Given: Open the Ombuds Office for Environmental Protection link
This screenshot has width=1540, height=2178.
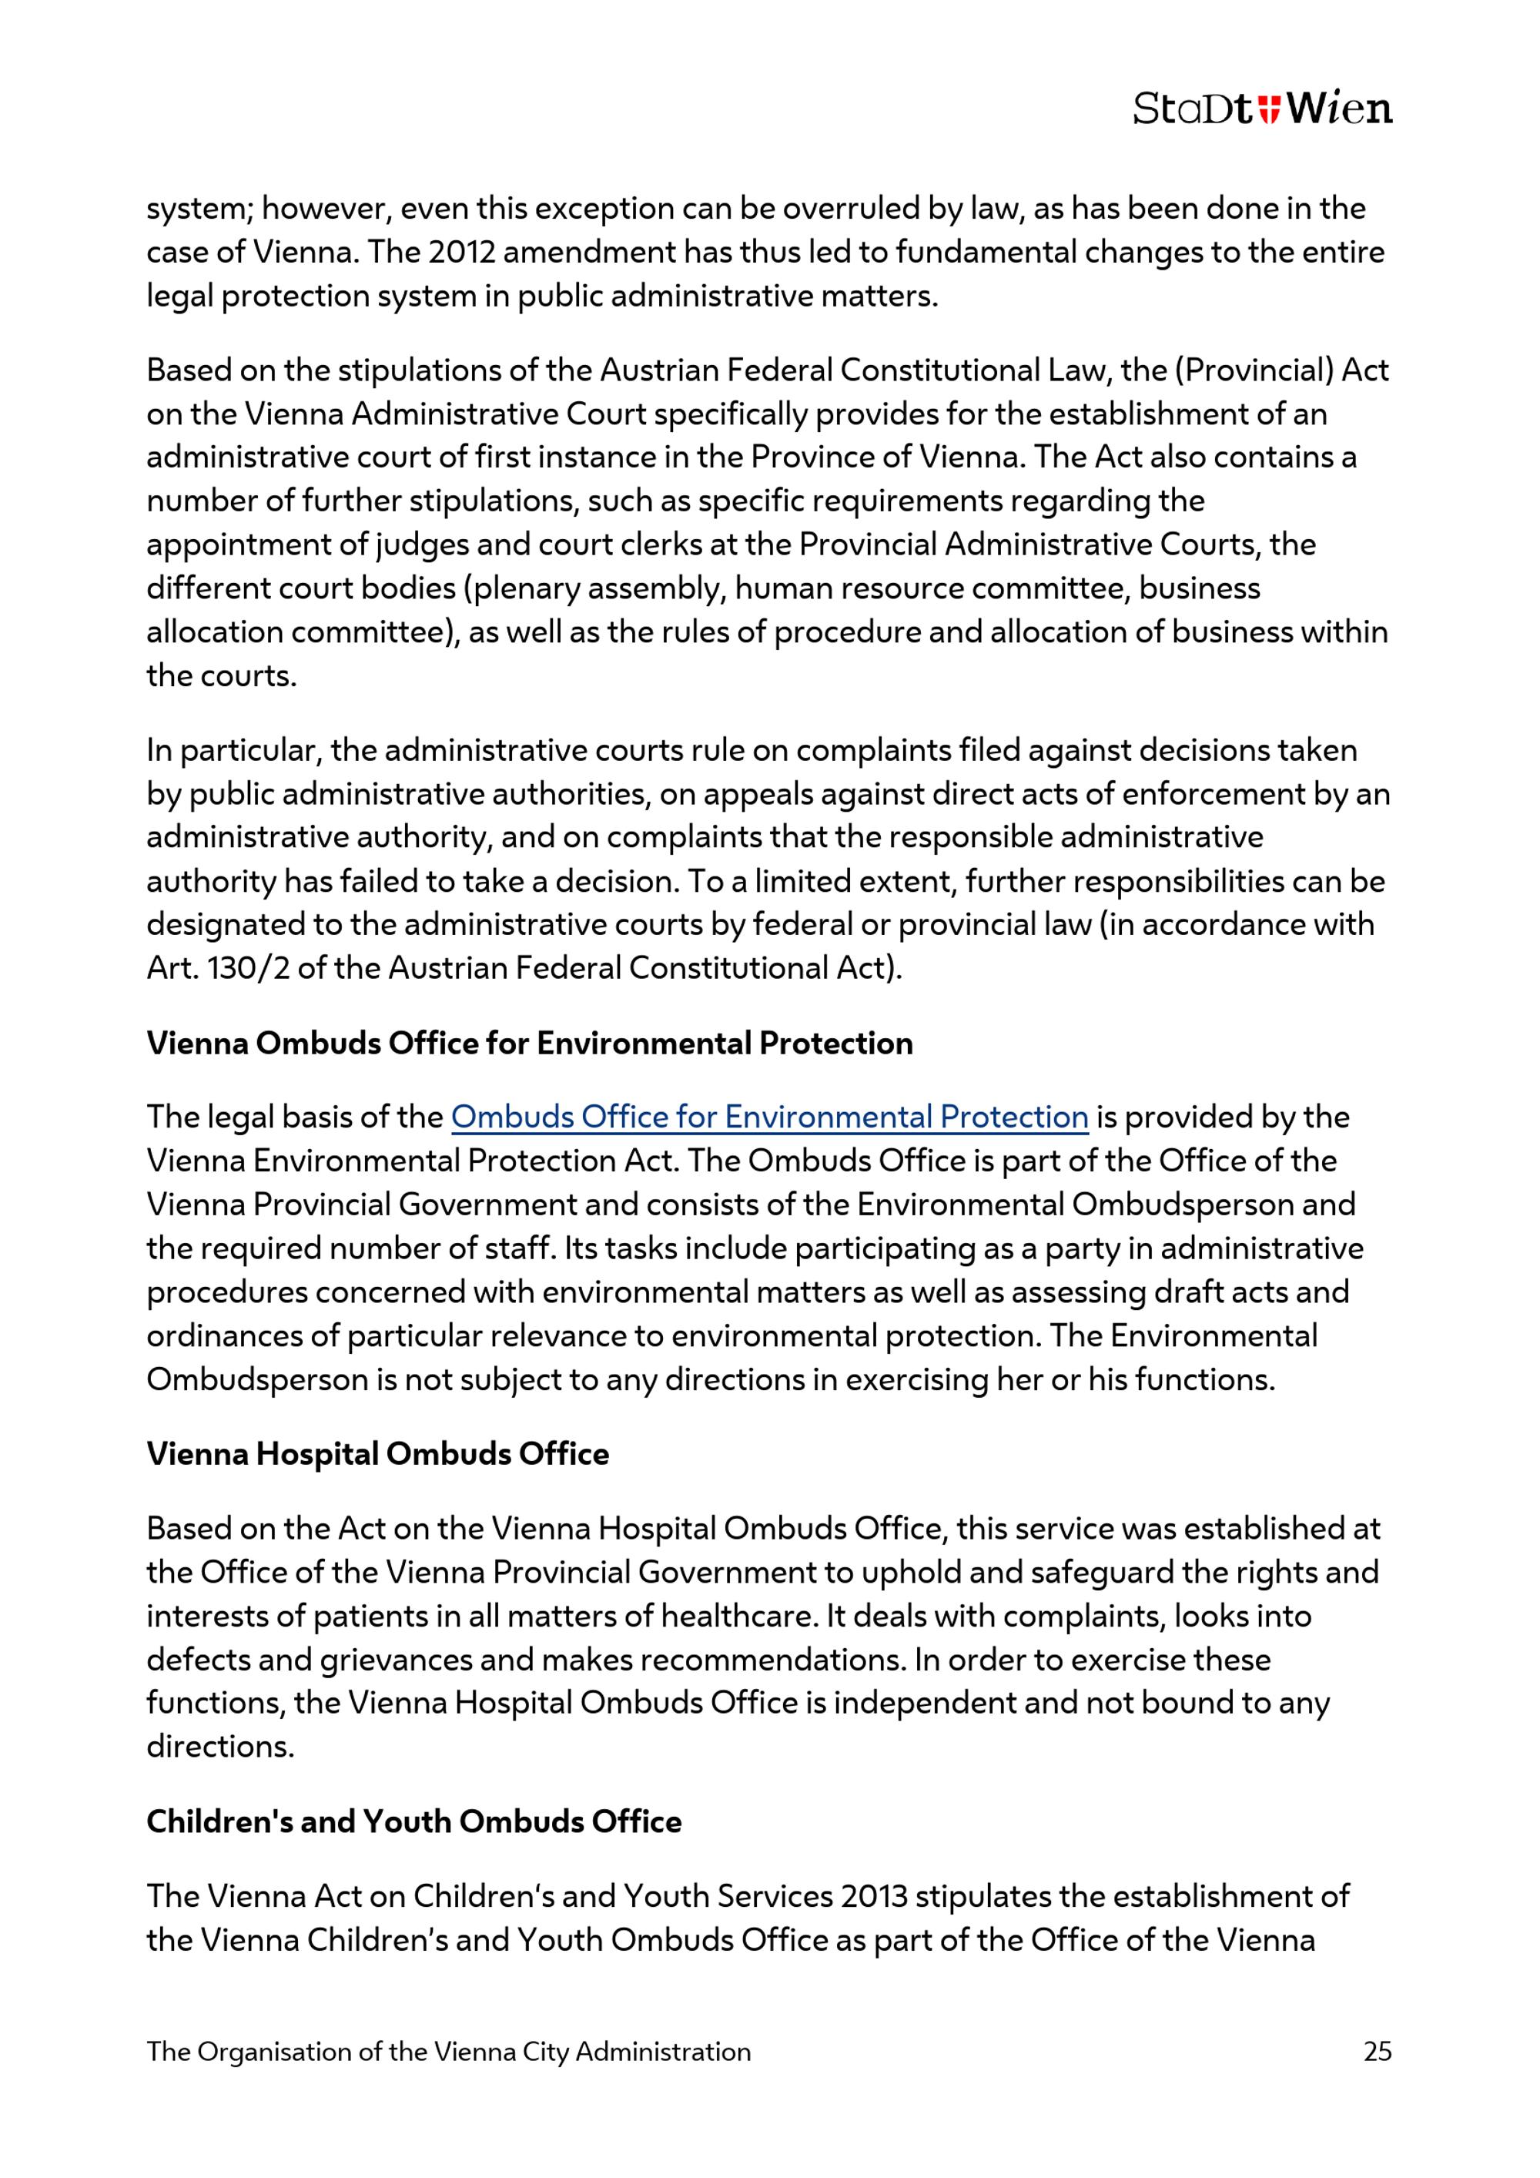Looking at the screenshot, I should tap(769, 1117).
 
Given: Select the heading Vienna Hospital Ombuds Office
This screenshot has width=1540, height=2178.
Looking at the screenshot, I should tap(377, 1453).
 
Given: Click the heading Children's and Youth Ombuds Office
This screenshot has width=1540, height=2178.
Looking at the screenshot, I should tap(413, 1821).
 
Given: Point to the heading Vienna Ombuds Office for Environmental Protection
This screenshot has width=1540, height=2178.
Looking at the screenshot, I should tap(529, 1043).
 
